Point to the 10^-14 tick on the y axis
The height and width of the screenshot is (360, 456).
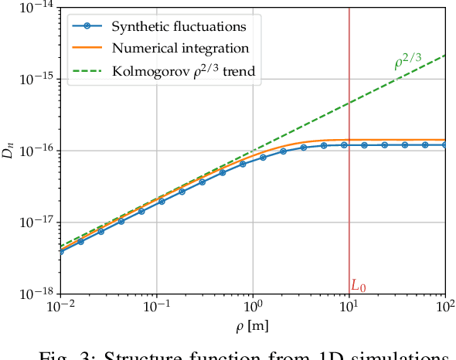35,8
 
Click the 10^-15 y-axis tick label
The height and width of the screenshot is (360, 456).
35,79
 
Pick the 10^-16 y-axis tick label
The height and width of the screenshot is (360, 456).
35,151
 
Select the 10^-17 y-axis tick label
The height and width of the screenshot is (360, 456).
35,222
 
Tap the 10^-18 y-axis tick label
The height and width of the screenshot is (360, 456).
35,294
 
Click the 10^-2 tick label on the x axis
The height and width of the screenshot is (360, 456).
60,307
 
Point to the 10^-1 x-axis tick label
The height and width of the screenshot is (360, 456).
157,307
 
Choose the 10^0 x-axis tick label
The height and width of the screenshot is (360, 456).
254,307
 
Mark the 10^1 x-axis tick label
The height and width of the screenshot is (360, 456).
349,307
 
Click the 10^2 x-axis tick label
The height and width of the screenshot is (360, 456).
445,307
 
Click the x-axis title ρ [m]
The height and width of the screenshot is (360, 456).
253,327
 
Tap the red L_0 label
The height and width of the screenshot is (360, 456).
359,286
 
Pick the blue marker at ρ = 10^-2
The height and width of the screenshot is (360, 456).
60,251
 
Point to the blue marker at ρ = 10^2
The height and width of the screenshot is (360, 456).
445,144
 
